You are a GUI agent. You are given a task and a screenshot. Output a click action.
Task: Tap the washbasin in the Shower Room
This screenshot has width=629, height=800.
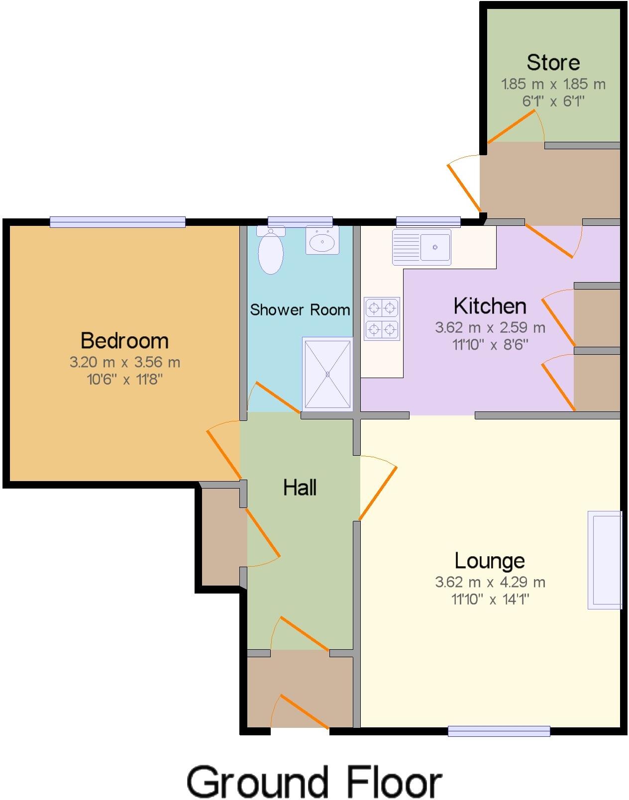point(322,241)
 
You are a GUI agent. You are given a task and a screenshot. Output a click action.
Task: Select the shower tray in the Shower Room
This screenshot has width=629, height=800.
point(327,374)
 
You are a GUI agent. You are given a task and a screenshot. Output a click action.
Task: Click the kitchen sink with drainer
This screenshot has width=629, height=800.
point(421,247)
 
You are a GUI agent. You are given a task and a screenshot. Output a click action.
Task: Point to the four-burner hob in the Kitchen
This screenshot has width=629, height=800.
point(382,318)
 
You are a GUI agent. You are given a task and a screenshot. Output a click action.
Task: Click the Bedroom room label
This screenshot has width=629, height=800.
point(124,341)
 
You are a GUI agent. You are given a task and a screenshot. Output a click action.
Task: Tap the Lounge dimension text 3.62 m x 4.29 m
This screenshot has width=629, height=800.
point(490,582)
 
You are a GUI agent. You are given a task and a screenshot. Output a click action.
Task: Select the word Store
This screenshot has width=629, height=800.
point(553,63)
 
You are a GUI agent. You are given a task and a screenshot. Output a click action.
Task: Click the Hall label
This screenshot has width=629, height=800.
point(300,488)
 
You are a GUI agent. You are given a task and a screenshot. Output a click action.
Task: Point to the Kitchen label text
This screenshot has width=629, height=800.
point(490,306)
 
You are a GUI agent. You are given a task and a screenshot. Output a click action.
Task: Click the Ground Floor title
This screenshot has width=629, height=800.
point(314,782)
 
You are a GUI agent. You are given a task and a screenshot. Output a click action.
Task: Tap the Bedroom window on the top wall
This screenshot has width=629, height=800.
point(117,222)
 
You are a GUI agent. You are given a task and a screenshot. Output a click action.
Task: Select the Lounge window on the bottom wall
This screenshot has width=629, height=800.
point(499,730)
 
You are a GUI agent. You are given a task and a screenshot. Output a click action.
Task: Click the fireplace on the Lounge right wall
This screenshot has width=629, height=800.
point(605,560)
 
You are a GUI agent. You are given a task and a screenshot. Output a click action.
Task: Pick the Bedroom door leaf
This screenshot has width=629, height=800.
point(223,454)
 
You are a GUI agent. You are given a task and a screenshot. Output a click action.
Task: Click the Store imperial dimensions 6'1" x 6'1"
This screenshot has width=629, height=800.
point(553,101)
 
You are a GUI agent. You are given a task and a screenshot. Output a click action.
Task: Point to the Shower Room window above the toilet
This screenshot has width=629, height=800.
point(300,222)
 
